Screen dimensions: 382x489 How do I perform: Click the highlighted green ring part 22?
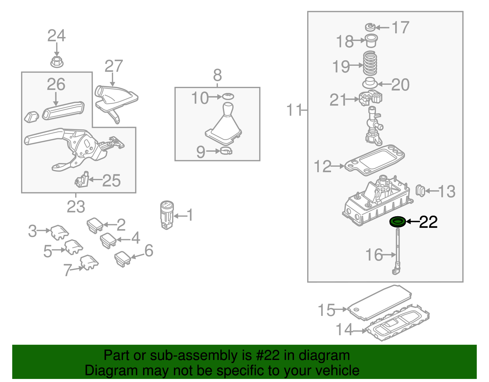coord(398,221)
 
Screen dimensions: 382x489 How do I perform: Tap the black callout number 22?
coord(428,222)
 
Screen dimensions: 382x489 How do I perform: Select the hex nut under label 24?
coord(57,62)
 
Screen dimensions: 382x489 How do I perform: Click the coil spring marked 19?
coord(370,64)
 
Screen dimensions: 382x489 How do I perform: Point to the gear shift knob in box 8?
coord(227,109)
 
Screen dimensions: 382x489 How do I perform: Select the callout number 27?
coord(113,66)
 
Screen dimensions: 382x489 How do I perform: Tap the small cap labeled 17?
coord(370,27)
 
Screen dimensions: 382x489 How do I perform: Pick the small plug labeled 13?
coord(421,191)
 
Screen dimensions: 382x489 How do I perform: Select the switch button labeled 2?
coord(95,225)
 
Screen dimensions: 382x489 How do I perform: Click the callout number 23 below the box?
coord(76,207)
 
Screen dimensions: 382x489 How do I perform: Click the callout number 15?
coord(326,310)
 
